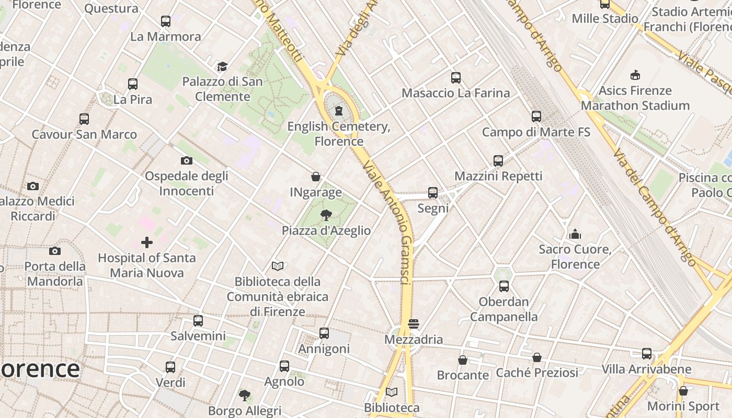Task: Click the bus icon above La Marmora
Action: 166,21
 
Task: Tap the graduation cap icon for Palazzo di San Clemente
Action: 223,66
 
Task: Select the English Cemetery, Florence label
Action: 339,134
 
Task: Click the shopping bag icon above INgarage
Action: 316,177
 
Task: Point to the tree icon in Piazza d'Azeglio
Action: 326,215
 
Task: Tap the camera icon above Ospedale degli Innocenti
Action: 186,160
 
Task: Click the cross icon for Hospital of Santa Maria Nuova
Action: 147,242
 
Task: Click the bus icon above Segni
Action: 433,193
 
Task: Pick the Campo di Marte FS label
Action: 536,132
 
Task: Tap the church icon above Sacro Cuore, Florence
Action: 575,234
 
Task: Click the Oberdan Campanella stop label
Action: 504,309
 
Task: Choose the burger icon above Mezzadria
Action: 414,324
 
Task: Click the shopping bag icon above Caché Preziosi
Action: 537,357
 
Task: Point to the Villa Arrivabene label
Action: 646,369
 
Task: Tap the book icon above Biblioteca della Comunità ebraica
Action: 278,266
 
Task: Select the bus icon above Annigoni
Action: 324,333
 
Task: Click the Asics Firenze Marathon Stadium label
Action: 635,98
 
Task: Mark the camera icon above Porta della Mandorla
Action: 55,251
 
